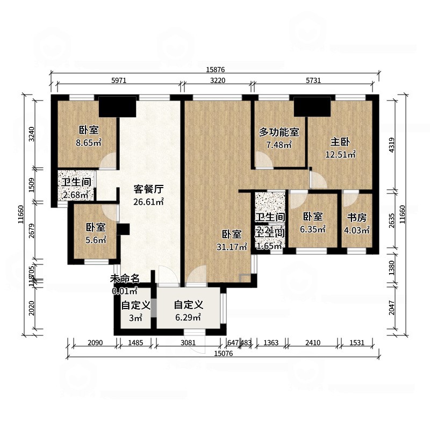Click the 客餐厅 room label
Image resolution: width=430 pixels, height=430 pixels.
[x=148, y=189]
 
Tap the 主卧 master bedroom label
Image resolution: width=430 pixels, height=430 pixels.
[x=340, y=142]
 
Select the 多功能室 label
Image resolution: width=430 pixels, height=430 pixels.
[x=279, y=132]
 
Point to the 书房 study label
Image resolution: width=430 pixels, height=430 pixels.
[x=356, y=218]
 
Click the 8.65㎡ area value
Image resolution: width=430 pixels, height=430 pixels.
[x=89, y=143]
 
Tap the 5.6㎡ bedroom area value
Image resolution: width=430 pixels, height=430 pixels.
[x=95, y=240]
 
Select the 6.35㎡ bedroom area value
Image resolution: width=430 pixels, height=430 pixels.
[x=313, y=230]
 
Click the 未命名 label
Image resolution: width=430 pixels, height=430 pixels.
[x=125, y=278]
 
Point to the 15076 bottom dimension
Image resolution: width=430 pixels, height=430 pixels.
[x=223, y=353]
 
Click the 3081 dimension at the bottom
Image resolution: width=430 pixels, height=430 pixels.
[x=188, y=342]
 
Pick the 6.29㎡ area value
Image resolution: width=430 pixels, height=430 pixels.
[x=188, y=317]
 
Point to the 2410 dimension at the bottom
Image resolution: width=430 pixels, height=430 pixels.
[x=313, y=342]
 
